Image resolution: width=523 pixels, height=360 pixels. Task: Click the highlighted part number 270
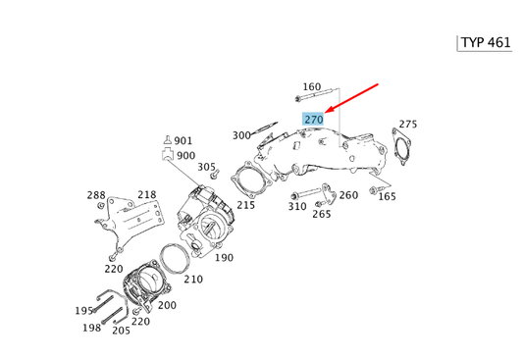(x=314, y=119)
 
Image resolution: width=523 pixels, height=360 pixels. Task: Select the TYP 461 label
(x=487, y=44)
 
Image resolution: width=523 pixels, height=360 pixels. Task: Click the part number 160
(x=312, y=87)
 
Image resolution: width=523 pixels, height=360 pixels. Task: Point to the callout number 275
(x=407, y=125)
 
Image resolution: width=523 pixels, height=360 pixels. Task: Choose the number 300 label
(x=241, y=135)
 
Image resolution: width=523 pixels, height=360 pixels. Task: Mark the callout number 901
(x=184, y=141)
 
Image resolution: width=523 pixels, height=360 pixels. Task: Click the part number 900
(x=185, y=156)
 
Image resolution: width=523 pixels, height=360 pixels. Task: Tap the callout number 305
(x=206, y=167)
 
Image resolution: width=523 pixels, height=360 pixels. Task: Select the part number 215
(x=245, y=205)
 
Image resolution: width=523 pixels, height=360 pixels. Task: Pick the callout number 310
(x=296, y=207)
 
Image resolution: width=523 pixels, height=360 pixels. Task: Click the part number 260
(x=348, y=195)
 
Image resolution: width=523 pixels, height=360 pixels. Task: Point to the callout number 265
(x=322, y=214)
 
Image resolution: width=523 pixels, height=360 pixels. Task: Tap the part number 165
(x=388, y=197)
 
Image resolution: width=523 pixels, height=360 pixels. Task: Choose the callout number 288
(x=95, y=195)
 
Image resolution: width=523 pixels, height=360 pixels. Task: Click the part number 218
(x=147, y=195)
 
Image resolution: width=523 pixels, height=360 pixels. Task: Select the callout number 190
(x=224, y=258)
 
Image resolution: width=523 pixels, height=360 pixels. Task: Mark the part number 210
(x=192, y=280)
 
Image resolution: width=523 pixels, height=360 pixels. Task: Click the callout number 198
(x=91, y=328)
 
